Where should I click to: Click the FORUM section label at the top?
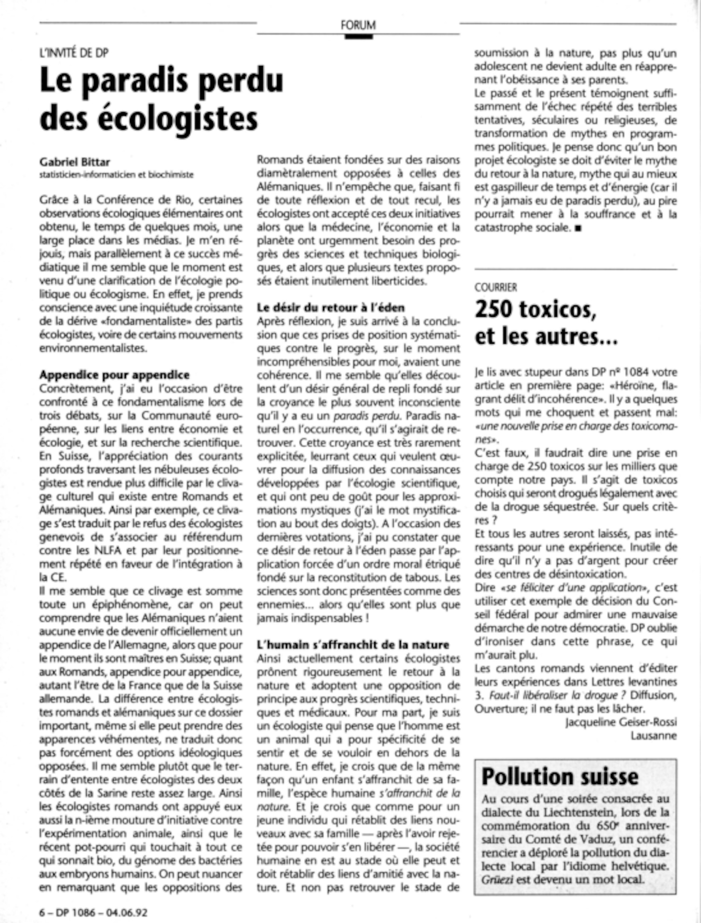[x=358, y=25]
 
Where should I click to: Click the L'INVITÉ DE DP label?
[x=74, y=53]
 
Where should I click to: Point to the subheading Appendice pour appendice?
[x=114, y=375]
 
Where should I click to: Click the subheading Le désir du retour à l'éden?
[x=331, y=308]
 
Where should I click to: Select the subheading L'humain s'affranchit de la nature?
[x=353, y=644]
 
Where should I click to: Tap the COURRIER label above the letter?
[x=496, y=287]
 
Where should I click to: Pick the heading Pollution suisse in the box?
[x=560, y=776]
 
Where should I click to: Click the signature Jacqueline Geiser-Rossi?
[x=621, y=722]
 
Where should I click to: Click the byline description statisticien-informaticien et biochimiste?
[x=116, y=175]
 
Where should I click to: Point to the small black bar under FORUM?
[x=359, y=36]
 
